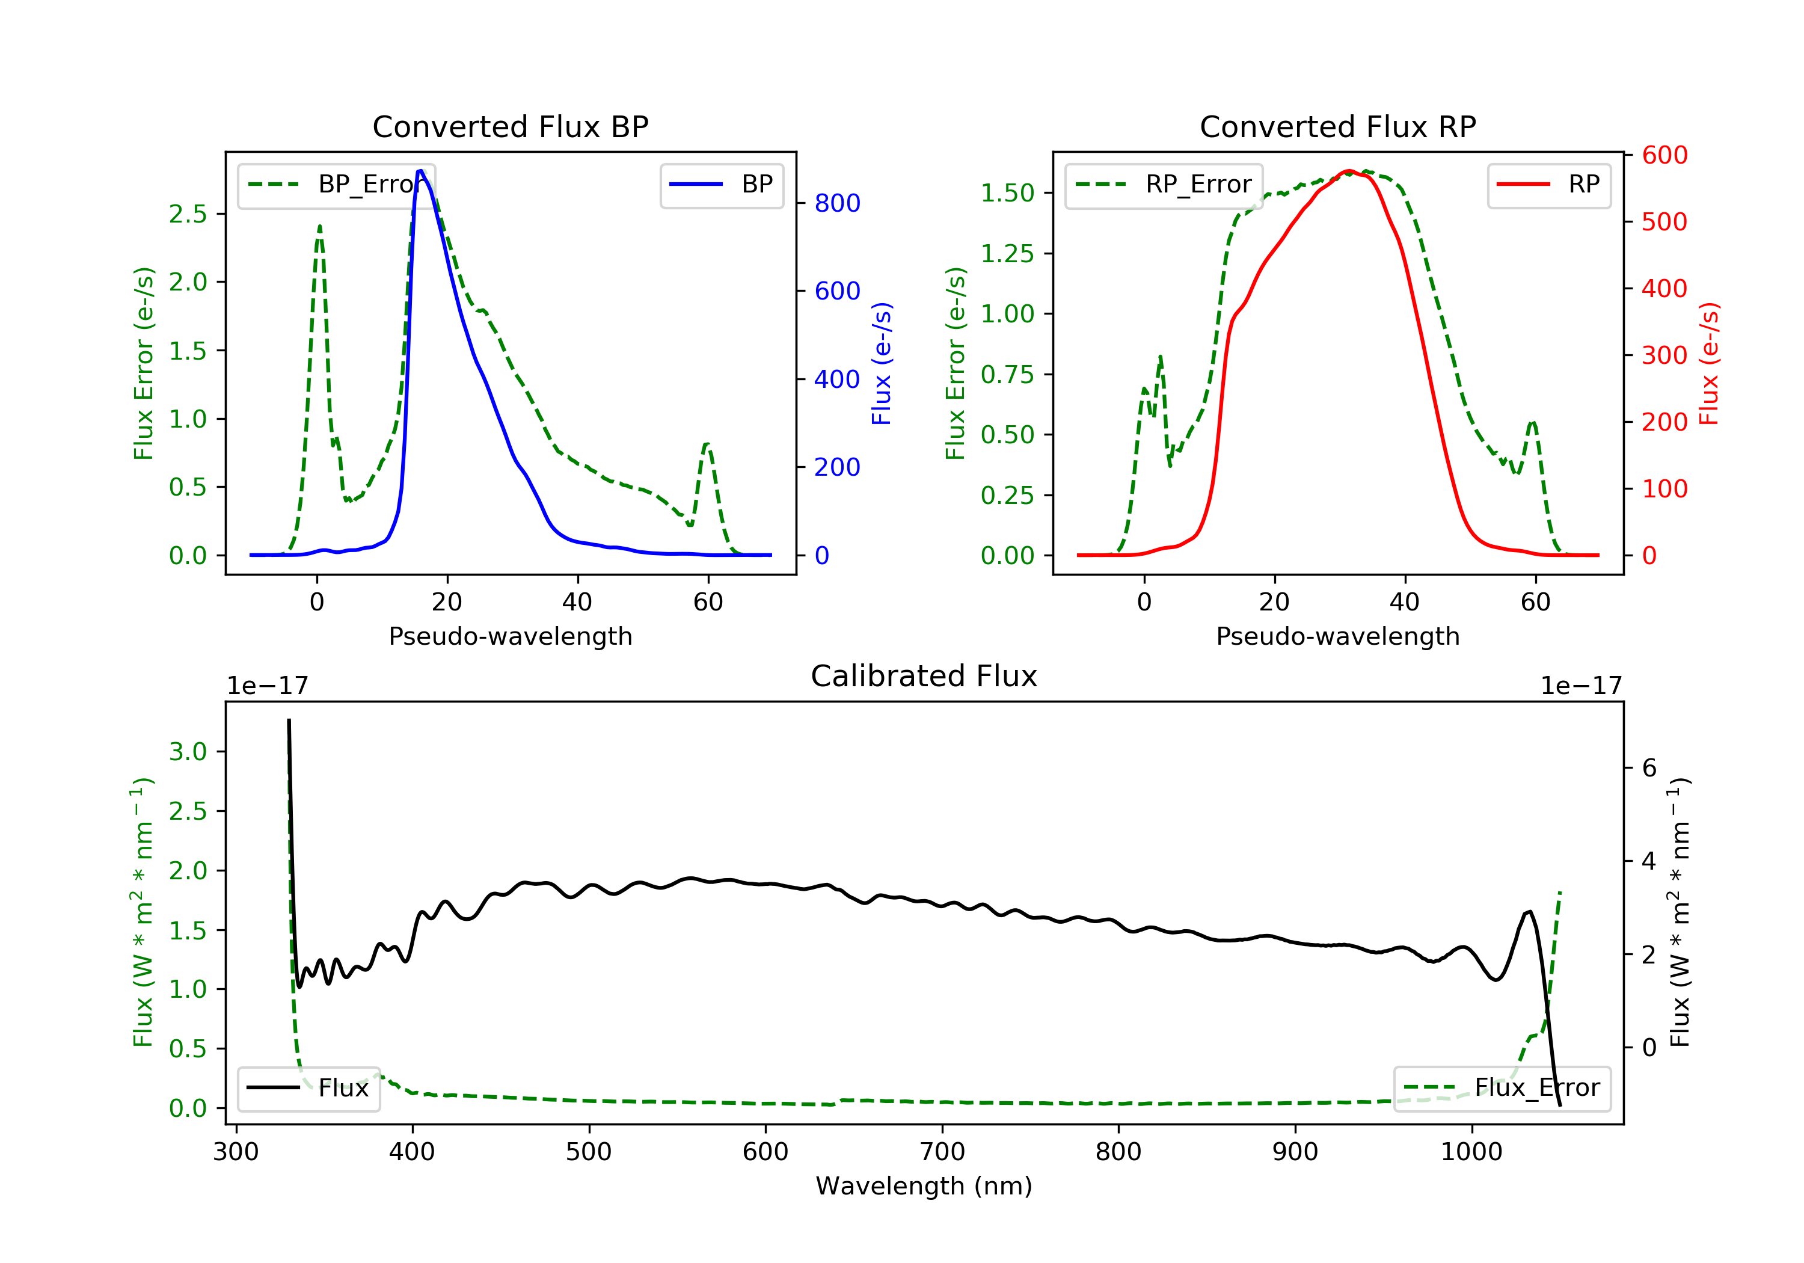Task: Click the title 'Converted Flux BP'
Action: pos(510,126)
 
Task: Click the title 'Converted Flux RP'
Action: pos(1337,126)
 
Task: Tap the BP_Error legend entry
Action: pos(336,185)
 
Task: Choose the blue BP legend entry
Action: pos(721,185)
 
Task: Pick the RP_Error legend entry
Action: pos(1164,185)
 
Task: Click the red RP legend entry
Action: pos(1548,185)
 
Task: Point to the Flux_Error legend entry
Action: pos(1502,1088)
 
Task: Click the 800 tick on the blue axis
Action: pos(837,203)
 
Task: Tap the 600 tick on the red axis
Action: pos(1664,156)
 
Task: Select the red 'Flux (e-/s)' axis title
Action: pos(1709,364)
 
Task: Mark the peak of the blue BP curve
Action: pos(420,171)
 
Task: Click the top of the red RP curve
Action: pos(1349,171)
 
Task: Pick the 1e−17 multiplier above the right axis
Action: pos(1581,686)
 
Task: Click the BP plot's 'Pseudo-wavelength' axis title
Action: pos(510,636)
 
